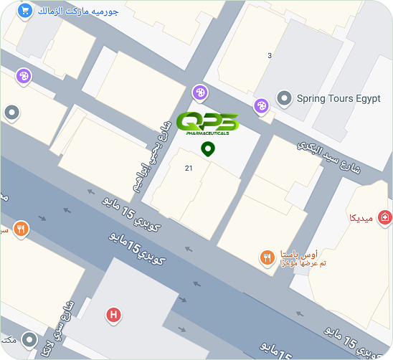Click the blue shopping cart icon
point(24,11)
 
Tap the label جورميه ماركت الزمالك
point(77,11)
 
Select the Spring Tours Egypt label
point(338,98)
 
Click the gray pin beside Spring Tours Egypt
point(285,98)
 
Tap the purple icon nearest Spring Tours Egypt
point(262,105)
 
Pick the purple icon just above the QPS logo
point(199,92)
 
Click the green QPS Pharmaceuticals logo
point(207,122)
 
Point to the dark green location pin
point(208,149)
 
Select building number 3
point(270,55)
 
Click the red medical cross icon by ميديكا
point(386,217)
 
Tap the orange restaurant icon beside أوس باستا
point(267,257)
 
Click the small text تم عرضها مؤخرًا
point(299,264)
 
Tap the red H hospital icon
point(113,314)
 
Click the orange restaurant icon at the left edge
point(22,229)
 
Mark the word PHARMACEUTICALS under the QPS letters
point(207,133)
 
